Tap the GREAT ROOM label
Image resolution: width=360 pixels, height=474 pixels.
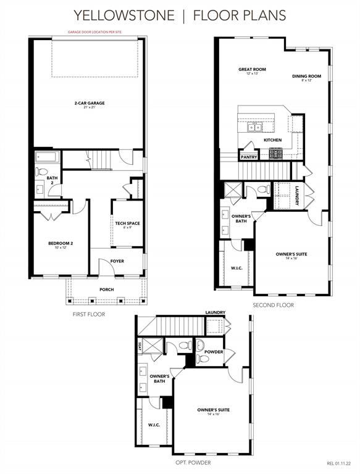tap(252, 70)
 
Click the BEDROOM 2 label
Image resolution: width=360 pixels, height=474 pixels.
tap(61, 243)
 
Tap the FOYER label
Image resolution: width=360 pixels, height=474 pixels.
tap(117, 261)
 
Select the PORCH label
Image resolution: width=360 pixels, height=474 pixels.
tap(107, 289)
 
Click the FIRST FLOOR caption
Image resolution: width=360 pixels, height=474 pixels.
tap(89, 314)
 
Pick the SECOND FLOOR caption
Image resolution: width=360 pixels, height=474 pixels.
tap(273, 305)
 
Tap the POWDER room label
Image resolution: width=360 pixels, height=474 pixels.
tap(213, 351)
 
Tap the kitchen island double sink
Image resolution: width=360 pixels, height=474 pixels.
tap(254, 128)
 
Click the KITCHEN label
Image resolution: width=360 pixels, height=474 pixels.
tap(272, 140)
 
